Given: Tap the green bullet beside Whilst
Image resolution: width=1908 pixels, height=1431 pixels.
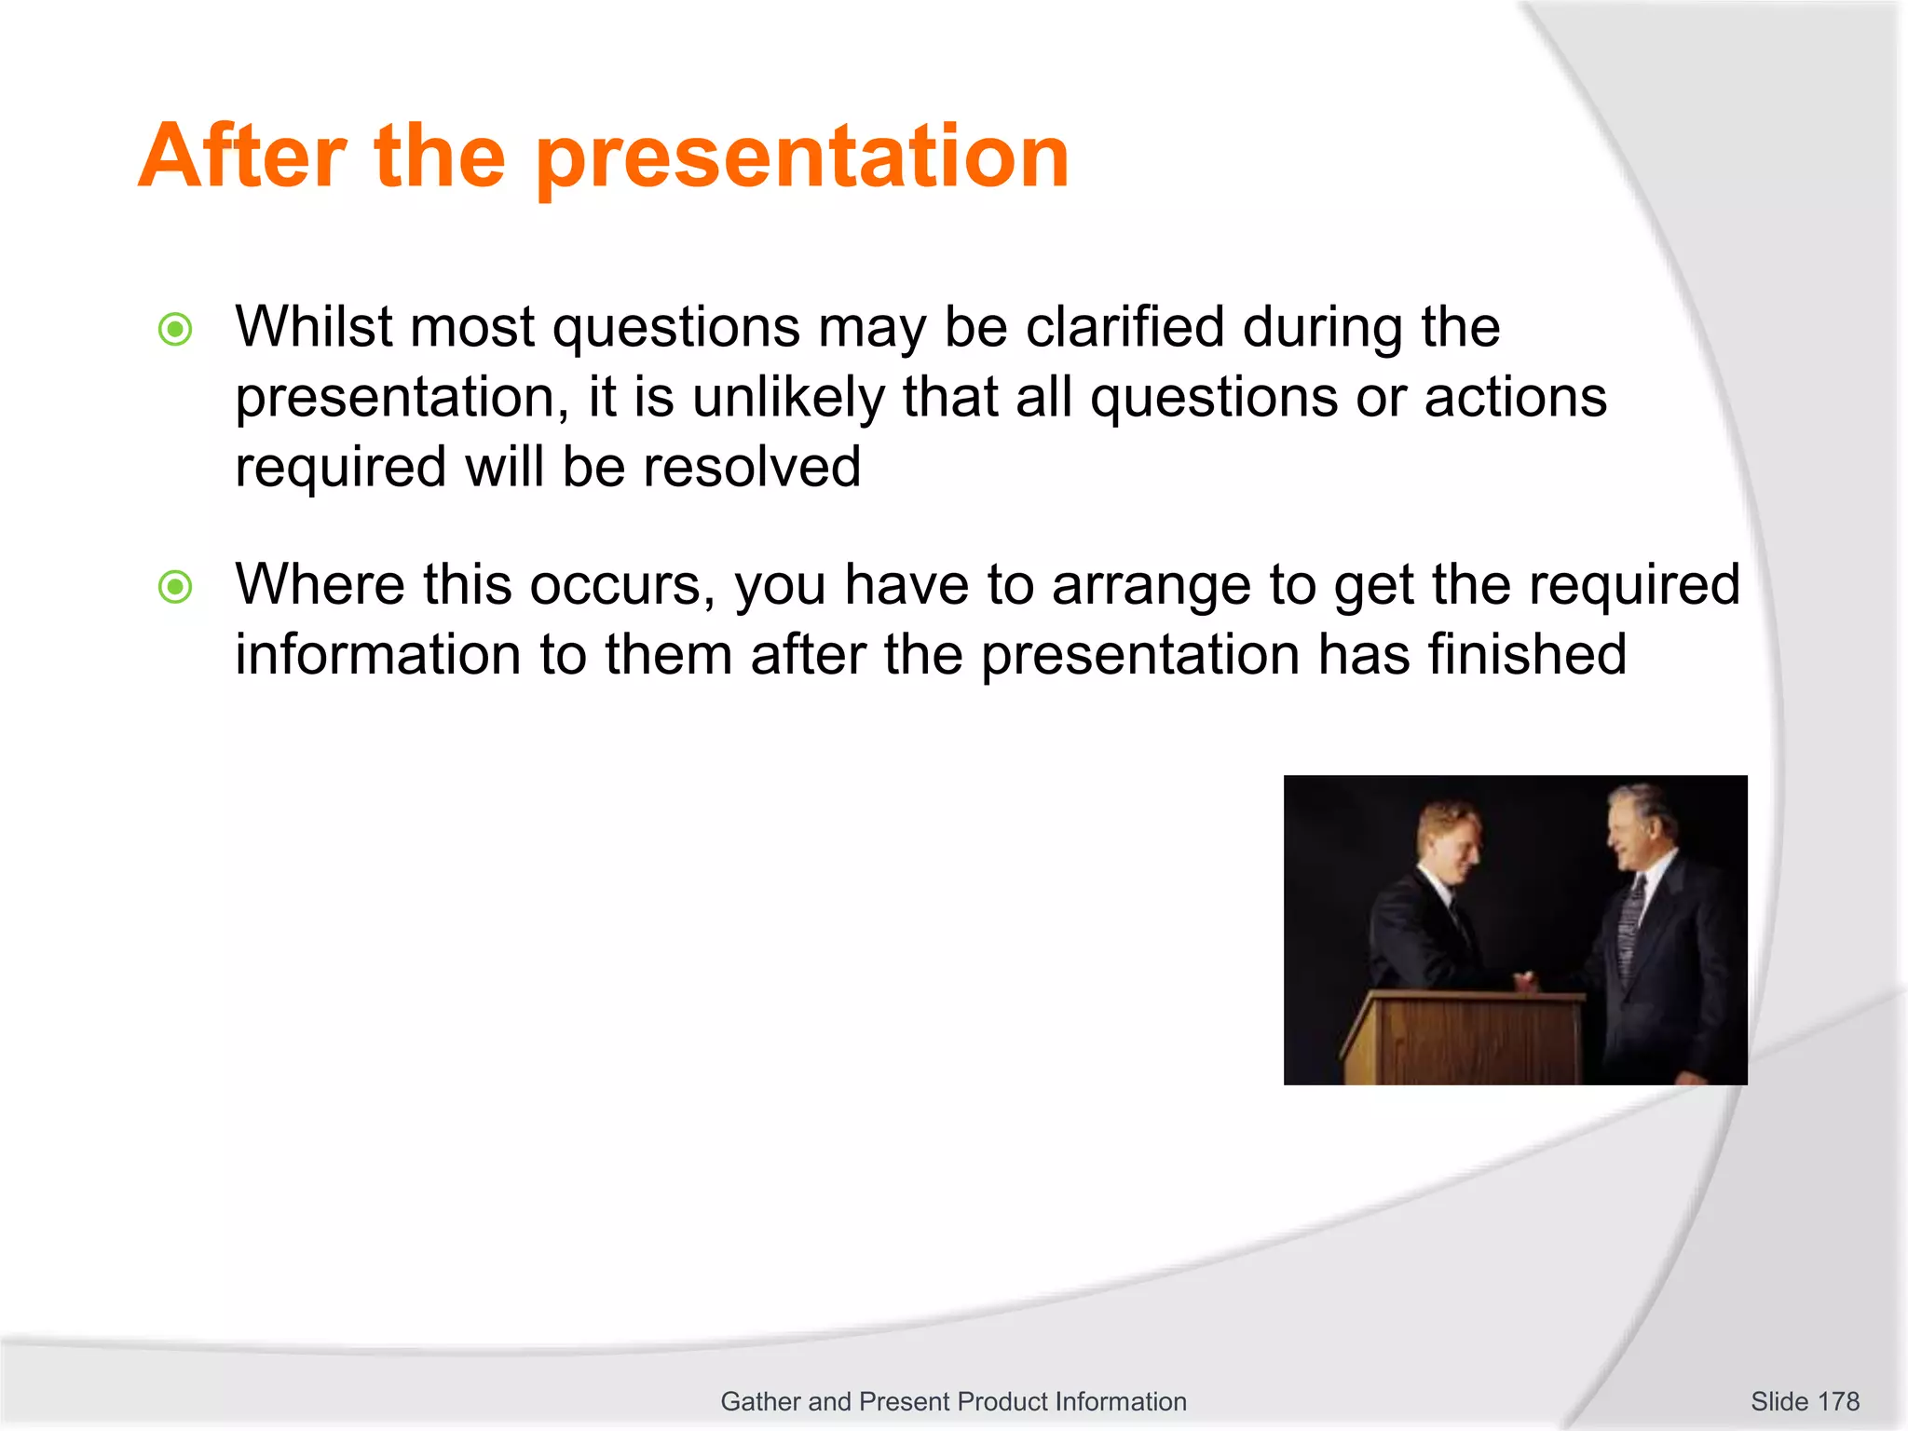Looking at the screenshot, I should click(x=175, y=329).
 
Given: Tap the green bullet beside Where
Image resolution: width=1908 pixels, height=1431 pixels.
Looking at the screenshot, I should click(x=175, y=587).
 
